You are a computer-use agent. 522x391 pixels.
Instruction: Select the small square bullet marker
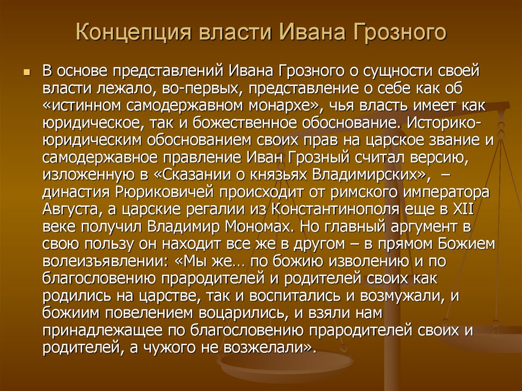(27, 72)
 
